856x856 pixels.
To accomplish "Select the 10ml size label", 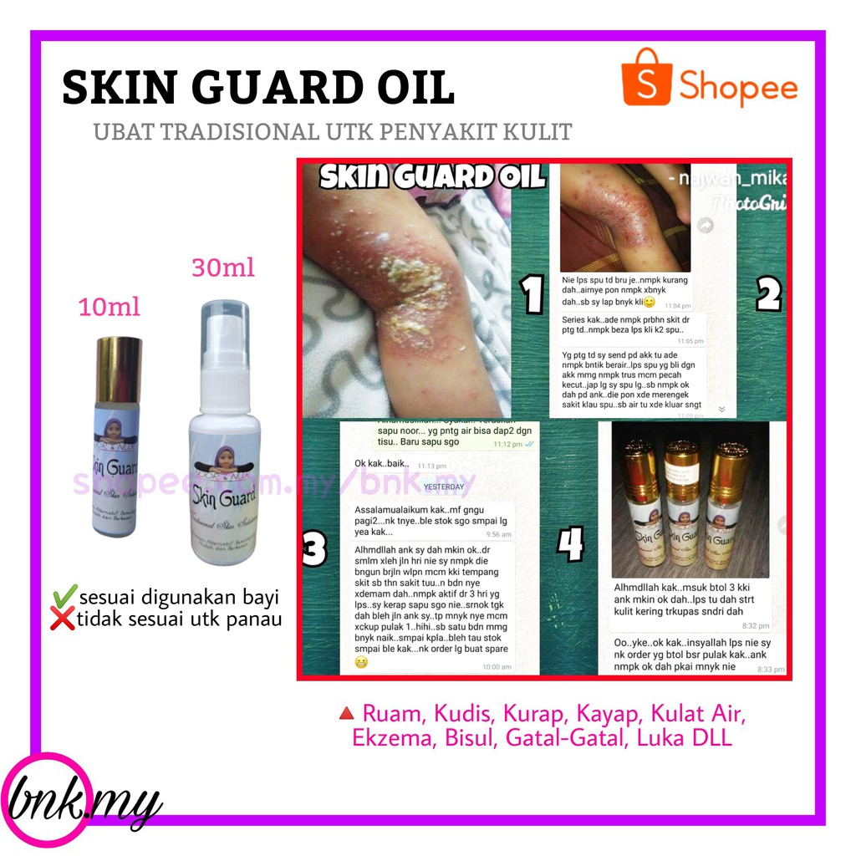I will [109, 307].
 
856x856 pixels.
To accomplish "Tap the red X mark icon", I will [63, 620].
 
